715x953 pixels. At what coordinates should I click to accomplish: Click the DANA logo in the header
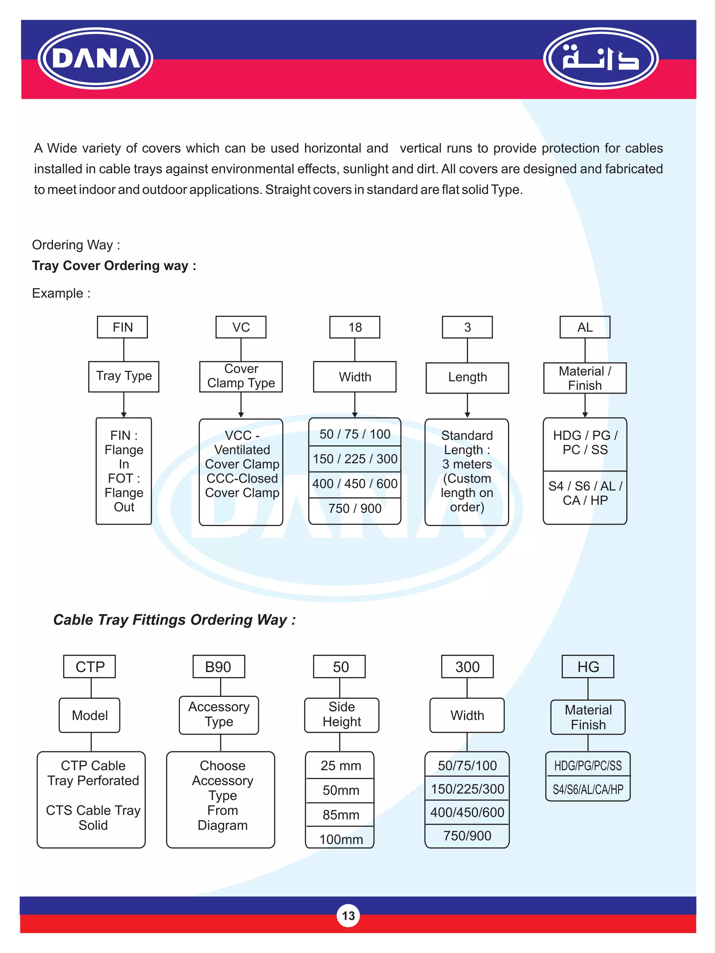point(95,58)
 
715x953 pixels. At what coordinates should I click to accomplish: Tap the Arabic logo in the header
point(600,58)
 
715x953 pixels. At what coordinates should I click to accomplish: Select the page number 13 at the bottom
point(348,916)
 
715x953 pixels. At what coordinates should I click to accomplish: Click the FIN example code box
point(123,327)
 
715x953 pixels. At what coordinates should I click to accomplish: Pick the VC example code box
point(241,327)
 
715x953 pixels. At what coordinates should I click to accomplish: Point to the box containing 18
point(355,327)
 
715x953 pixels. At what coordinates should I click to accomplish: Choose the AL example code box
point(585,327)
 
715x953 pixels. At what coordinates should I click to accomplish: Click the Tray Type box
point(124,376)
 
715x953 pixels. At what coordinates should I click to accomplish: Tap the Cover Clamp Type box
point(241,376)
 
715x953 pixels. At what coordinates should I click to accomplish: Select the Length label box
point(467,378)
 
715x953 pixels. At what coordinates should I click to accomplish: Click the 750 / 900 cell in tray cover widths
point(355,509)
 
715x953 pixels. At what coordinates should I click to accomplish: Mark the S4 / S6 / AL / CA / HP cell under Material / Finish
point(585,494)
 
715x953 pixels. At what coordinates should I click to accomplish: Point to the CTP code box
point(90,667)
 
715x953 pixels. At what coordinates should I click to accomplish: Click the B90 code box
point(219,667)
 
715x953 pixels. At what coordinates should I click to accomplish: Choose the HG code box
point(588,667)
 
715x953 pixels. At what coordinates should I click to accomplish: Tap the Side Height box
point(341,715)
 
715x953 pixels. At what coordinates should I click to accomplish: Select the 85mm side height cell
point(340,815)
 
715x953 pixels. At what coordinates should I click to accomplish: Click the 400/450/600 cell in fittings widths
point(467,812)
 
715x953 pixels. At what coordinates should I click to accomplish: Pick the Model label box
point(90,715)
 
